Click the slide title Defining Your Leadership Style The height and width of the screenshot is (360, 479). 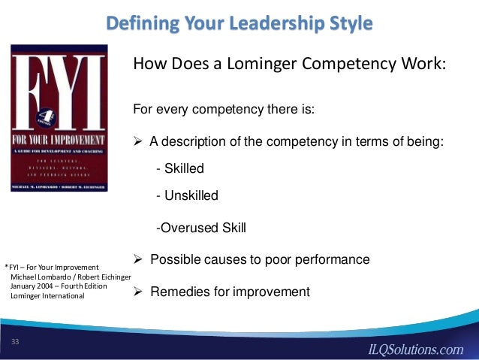click(x=239, y=23)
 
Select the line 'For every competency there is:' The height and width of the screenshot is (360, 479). click(x=224, y=110)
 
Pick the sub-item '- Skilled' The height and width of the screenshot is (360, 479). click(x=179, y=168)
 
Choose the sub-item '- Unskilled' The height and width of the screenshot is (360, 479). click(x=186, y=196)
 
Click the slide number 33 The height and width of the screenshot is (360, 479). click(x=14, y=343)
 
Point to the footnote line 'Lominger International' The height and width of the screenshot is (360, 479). click(x=47, y=295)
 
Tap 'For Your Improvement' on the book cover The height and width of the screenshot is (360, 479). click(x=59, y=140)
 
